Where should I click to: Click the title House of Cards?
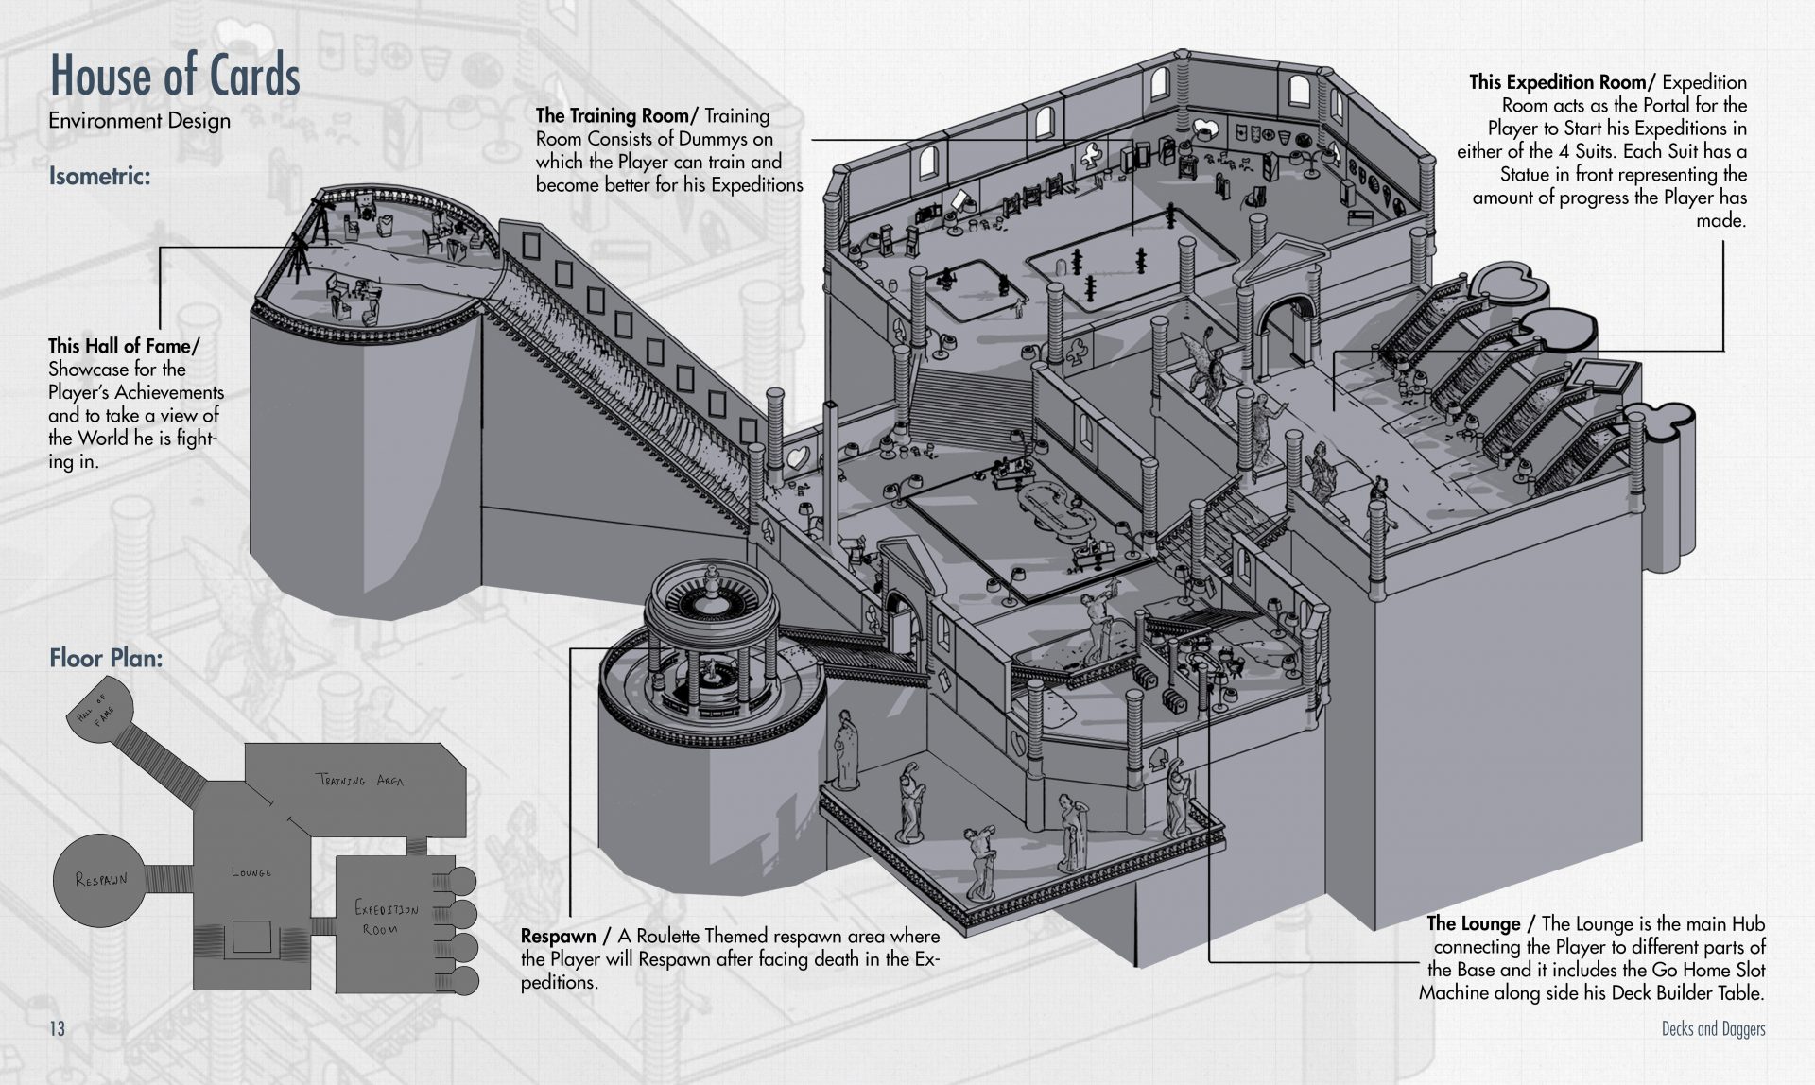click(175, 76)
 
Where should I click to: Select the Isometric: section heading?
click(100, 177)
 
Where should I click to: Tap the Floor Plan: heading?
click(106, 658)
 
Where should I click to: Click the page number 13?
click(58, 1028)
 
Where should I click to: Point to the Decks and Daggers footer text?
click(1713, 1029)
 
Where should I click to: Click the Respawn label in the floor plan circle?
click(101, 880)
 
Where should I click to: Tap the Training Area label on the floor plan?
click(360, 780)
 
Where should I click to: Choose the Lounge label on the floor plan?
click(251, 872)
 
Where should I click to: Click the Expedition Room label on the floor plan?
click(386, 918)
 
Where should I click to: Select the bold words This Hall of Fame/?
click(124, 346)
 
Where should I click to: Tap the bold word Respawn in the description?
click(558, 937)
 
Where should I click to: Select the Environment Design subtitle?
click(139, 121)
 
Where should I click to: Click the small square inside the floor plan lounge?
click(251, 938)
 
